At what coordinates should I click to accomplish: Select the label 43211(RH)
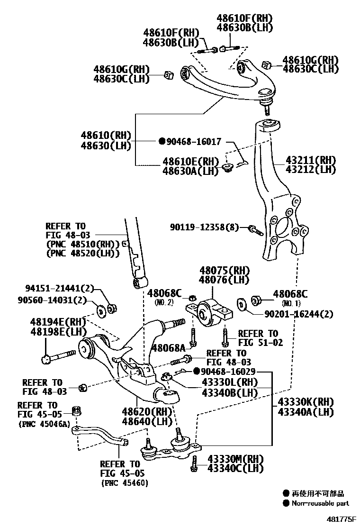coord(310,160)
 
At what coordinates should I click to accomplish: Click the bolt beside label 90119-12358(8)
coord(255,230)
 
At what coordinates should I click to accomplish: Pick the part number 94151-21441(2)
coord(60,288)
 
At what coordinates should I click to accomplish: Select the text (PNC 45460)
coord(124,483)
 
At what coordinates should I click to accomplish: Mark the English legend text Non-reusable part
coord(320,503)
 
